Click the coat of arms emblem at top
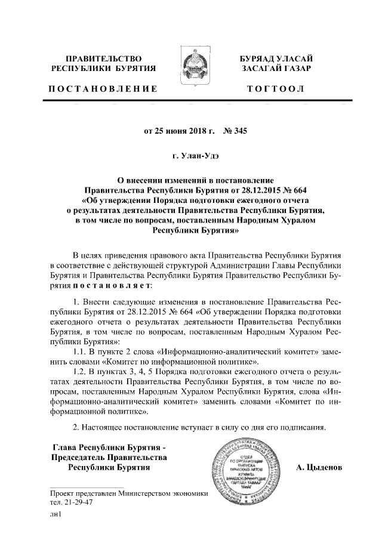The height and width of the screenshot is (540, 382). click(x=190, y=70)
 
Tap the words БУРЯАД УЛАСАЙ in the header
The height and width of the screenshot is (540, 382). click(x=275, y=58)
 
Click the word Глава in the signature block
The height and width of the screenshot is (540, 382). click(x=66, y=447)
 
